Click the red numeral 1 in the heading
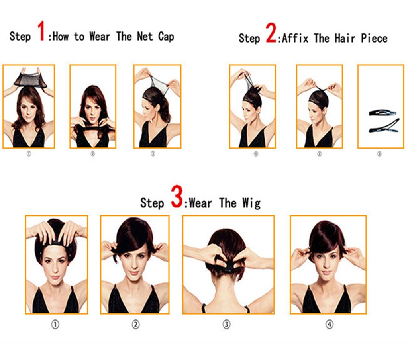tap(41, 31)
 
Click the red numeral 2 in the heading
tap(271, 33)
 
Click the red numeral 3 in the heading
tap(177, 197)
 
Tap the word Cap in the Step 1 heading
tap(166, 37)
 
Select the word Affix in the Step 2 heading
tap(295, 39)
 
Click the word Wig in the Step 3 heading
tap(251, 203)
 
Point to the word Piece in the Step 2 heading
tap(374, 39)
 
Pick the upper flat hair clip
tap(382, 113)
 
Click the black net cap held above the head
tap(30, 80)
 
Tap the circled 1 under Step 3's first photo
tap(55, 325)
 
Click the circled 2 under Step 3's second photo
tap(135, 325)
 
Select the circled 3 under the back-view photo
tap(227, 325)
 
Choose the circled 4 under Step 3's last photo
tap(330, 325)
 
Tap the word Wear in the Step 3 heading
tap(200, 203)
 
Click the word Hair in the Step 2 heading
tap(345, 39)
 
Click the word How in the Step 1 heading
tap(61, 36)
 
